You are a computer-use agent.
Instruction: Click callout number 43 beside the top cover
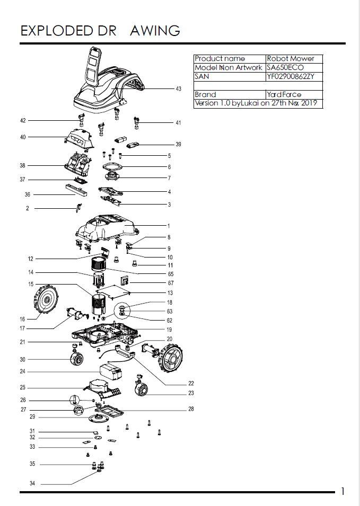[178, 89]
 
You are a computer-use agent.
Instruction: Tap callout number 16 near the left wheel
[22, 319]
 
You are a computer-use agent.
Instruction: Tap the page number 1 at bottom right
[343, 491]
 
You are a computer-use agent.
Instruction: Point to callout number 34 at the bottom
[32, 484]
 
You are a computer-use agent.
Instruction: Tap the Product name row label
[220, 59]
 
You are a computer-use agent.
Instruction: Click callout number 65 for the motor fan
[170, 274]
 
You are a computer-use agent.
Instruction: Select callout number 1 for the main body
[169, 226]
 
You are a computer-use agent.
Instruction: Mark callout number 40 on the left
[23, 137]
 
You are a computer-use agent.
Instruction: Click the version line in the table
[256, 103]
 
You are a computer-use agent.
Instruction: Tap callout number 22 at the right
[191, 383]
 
